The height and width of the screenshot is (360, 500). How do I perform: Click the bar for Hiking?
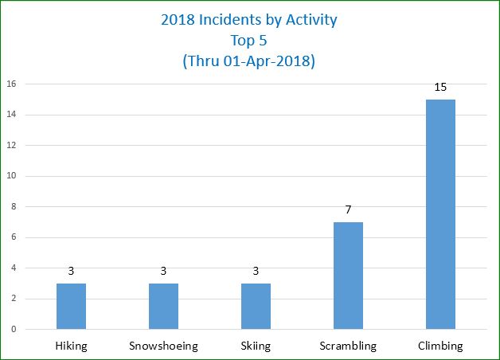71,306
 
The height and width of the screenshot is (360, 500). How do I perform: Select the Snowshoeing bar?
163,306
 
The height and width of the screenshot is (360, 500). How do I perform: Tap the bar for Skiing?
256,306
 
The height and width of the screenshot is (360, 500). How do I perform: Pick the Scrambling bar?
348,276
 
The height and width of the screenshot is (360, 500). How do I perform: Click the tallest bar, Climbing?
440,214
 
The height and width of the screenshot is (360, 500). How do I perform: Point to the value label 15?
440,86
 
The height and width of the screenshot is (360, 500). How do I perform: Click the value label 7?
348,209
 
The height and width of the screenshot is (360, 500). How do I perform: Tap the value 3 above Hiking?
71,271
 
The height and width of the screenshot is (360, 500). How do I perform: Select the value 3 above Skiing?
256,271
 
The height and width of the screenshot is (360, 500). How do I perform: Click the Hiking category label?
71,346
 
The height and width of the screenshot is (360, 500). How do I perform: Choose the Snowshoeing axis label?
163,346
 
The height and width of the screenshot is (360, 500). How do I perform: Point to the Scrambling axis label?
348,346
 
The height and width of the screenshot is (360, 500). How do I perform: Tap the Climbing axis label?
440,346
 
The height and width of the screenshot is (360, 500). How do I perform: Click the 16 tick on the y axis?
11,84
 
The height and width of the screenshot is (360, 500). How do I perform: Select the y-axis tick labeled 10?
11,176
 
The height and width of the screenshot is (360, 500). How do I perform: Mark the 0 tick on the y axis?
13,329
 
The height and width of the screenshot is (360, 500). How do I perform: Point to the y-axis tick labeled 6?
13,237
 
